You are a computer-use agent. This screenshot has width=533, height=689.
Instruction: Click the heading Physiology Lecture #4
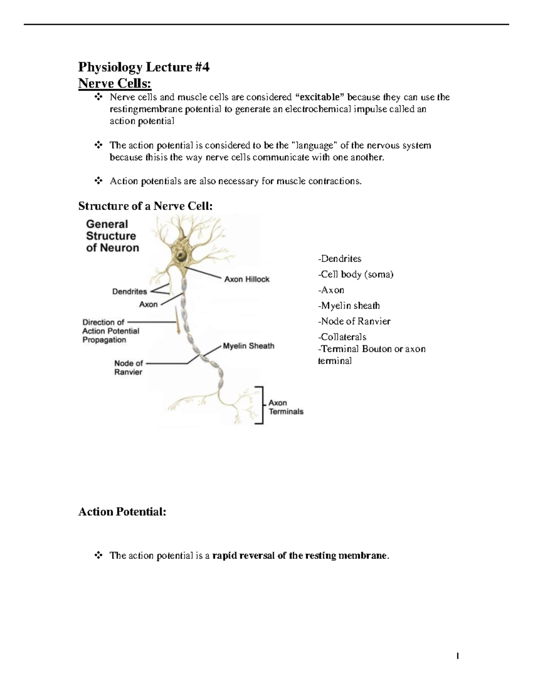tap(143, 67)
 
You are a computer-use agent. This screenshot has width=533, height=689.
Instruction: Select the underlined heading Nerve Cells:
tap(115, 83)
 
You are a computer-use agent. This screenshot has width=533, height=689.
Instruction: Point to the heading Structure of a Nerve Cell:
tap(145, 206)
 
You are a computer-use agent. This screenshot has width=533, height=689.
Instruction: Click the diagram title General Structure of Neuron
tap(112, 236)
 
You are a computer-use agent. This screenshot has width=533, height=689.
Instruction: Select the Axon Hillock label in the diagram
tap(247, 279)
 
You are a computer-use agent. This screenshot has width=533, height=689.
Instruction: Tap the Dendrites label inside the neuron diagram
tap(129, 291)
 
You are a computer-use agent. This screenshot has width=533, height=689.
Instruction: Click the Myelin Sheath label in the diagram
tap(248, 346)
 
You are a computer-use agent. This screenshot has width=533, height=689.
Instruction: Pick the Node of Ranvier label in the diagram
tap(128, 367)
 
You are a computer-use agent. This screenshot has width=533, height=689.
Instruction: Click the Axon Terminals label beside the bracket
tap(286, 407)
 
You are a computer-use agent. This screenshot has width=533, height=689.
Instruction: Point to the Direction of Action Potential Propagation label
tap(111, 331)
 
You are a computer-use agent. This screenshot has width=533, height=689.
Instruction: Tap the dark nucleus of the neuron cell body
tap(182, 256)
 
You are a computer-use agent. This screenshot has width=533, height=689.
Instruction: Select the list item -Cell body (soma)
tap(355, 274)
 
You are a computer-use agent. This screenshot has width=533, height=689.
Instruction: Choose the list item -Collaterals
tap(342, 337)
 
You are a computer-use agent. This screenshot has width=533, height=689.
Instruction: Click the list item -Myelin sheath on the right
tap(349, 306)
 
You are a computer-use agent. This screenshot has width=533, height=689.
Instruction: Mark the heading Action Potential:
tap(122, 512)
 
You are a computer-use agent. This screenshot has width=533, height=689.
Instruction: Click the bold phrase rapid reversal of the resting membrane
tap(300, 555)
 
